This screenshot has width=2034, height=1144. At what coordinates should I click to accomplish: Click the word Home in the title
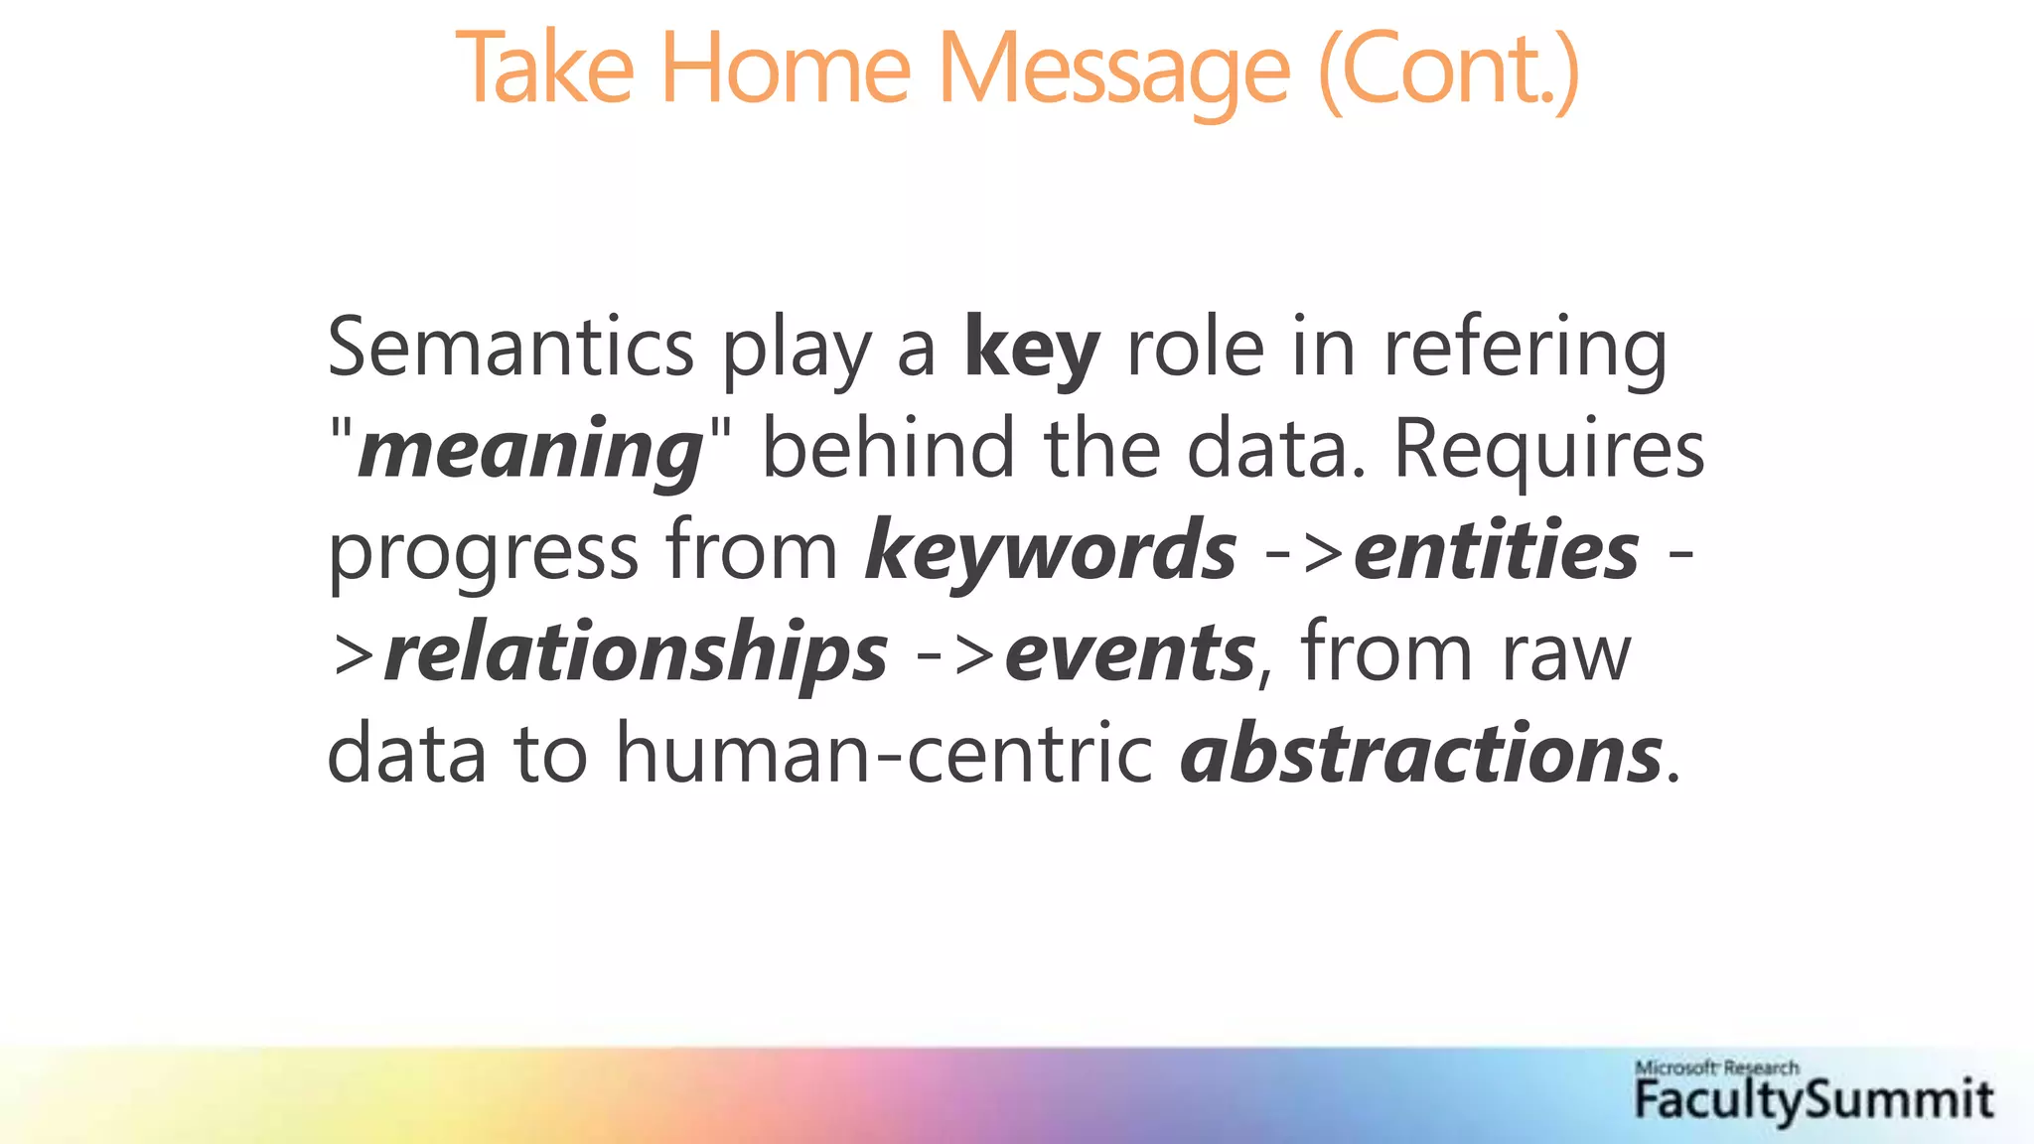[785, 70]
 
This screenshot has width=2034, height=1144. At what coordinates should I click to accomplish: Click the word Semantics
[510, 348]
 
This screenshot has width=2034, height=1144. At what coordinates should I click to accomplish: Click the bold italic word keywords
[1051, 552]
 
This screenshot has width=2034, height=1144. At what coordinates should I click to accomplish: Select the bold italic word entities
[1496, 552]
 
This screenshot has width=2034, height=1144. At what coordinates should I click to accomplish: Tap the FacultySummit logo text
[1813, 1100]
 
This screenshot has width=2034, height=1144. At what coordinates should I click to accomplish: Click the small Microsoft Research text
[1716, 1068]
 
